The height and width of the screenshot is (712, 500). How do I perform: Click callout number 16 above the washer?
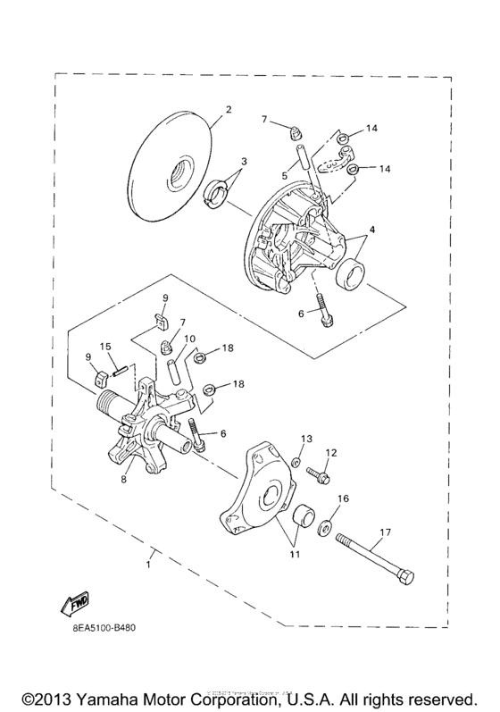tap(344, 498)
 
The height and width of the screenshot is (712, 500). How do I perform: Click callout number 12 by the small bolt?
tap(330, 453)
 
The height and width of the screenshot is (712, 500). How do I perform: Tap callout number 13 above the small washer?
tap(307, 439)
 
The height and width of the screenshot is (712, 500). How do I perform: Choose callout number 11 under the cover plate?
tap(294, 554)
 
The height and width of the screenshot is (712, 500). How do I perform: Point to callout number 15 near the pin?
tap(104, 347)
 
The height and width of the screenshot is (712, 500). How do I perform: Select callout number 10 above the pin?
tap(190, 339)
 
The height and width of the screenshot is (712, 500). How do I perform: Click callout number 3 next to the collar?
tap(244, 161)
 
